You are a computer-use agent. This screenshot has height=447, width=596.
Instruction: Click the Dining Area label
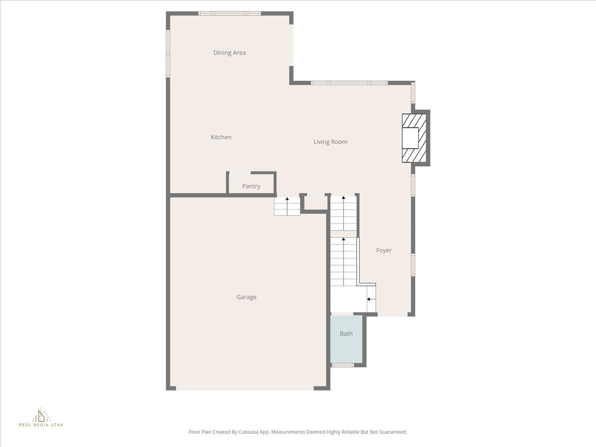click(229, 53)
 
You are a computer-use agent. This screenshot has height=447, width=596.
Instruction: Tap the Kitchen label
click(221, 137)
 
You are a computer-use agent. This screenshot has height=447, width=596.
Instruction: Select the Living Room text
click(330, 142)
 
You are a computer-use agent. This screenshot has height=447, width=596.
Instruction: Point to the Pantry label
click(251, 186)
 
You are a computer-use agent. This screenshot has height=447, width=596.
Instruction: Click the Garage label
click(246, 297)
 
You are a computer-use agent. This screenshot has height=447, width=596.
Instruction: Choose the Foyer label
click(384, 250)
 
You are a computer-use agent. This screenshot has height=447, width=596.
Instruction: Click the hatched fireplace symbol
click(414, 138)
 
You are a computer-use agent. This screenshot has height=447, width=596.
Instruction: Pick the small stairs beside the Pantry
click(287, 206)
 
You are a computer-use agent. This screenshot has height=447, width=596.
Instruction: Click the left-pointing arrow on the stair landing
click(371, 299)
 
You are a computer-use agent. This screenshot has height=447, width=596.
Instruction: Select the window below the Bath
click(343, 366)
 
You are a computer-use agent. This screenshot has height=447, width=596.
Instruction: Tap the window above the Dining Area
click(229, 13)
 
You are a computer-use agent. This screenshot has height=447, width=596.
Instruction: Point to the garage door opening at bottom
click(245, 388)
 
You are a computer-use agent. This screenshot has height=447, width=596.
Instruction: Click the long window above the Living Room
click(349, 82)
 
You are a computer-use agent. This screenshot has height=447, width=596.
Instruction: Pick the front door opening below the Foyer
click(393, 314)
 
